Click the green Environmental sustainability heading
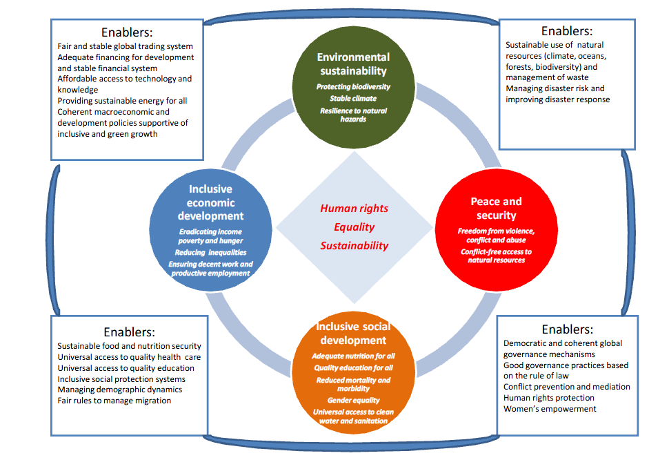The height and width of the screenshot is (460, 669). point(353,64)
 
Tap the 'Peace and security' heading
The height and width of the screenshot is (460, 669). point(496,208)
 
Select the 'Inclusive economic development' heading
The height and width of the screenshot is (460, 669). point(210,202)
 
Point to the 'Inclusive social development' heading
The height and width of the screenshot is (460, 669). point(353,333)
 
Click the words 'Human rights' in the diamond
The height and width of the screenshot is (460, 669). point(354,209)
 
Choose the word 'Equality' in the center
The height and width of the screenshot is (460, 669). point(354,227)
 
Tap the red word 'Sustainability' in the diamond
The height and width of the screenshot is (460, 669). point(354,245)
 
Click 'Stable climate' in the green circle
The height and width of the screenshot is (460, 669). point(353,99)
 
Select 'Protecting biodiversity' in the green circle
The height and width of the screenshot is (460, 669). point(353,87)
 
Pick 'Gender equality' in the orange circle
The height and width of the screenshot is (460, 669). point(353,401)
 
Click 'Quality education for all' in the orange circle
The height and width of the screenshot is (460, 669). point(353,367)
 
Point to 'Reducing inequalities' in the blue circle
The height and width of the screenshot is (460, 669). point(210,253)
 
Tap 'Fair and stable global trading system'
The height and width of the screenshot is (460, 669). point(130,46)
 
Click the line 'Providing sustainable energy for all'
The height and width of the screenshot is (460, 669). point(122,101)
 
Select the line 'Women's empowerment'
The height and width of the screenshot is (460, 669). point(550,409)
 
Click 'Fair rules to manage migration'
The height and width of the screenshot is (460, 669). point(114,401)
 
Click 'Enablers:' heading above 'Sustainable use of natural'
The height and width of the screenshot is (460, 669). point(567,30)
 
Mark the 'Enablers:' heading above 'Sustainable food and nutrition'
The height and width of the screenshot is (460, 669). point(129,332)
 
